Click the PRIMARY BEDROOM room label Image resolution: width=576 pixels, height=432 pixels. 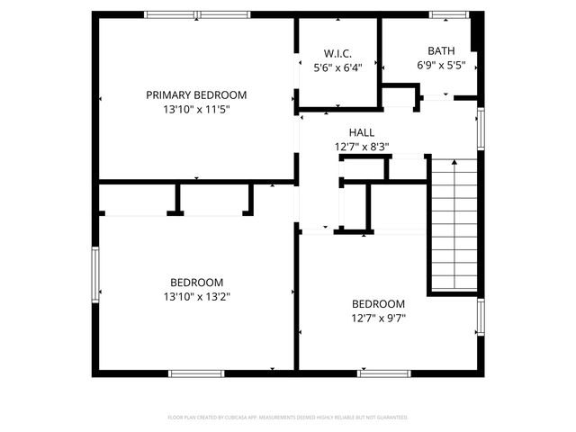point(196,94)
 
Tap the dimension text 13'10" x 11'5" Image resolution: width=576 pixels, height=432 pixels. point(196,109)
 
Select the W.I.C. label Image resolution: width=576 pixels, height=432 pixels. point(337,53)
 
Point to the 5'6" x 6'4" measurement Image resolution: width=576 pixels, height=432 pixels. point(337,67)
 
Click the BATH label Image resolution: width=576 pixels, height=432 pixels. point(441,51)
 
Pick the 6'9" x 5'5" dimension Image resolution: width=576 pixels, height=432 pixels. point(441,66)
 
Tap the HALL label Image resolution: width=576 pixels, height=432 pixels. point(361,132)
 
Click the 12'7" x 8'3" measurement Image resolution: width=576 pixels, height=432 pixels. point(361,146)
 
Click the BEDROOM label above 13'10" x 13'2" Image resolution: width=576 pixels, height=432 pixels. point(196,282)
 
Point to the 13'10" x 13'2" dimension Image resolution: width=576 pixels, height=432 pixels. point(196,296)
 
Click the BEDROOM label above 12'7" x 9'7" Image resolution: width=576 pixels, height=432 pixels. point(378,304)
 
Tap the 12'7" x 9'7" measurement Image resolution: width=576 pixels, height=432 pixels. point(378,318)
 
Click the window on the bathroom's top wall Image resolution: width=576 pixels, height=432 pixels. point(443,14)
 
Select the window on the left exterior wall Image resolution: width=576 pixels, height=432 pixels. point(94,274)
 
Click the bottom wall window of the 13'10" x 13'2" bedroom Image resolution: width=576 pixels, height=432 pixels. point(197,373)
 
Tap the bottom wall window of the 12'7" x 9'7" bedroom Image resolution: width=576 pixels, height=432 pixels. point(384,373)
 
